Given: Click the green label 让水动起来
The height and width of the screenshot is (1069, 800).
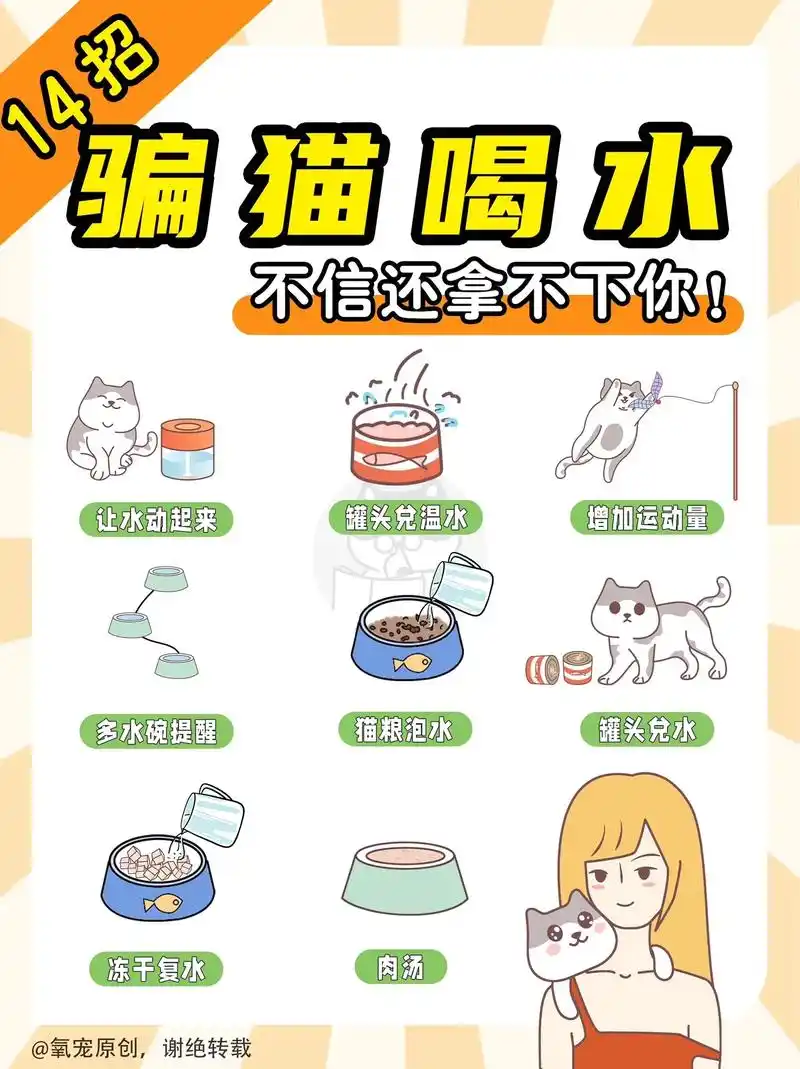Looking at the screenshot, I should click(x=156, y=520).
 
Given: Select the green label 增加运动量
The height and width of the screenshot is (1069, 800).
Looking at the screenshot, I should click(x=647, y=518).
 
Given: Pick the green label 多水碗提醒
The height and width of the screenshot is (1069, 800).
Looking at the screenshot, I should click(x=156, y=731).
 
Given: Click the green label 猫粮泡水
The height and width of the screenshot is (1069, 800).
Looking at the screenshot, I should click(x=398, y=729).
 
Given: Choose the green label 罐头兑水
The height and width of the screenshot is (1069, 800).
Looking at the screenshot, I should click(x=647, y=730).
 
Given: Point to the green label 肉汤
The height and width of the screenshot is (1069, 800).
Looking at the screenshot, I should click(x=400, y=967).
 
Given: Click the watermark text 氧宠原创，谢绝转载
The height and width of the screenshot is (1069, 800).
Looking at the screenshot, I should click(x=140, y=1048).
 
